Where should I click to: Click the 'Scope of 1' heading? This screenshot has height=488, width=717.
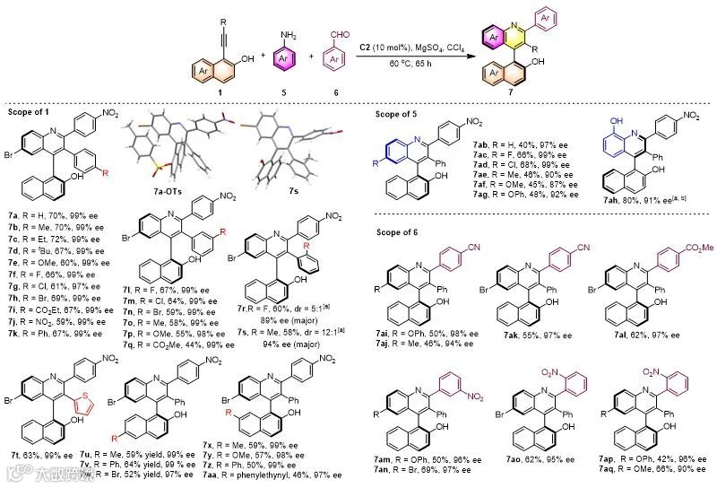tap(33, 109)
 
